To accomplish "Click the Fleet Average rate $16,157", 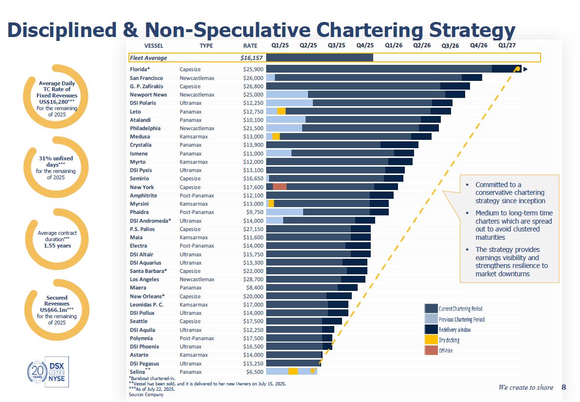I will click(252, 57).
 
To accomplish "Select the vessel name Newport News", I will click(148, 95).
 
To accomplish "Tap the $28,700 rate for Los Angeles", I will click(253, 279).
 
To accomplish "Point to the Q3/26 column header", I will click(450, 46).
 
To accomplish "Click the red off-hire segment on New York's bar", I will click(279, 187).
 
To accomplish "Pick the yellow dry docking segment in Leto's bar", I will click(281, 112).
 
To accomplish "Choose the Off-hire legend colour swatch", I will click(431, 350).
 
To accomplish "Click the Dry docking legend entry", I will click(449, 340).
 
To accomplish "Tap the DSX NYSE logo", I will click(57, 372).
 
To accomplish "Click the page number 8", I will click(564, 387).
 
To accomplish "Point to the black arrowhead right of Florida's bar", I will click(526, 69).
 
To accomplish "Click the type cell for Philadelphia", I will click(197, 128).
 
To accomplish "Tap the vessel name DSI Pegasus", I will click(145, 364).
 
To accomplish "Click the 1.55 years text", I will click(57, 246).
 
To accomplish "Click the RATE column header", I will click(250, 46).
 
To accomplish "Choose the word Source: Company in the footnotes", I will click(146, 394).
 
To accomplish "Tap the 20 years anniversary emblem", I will click(37, 372).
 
